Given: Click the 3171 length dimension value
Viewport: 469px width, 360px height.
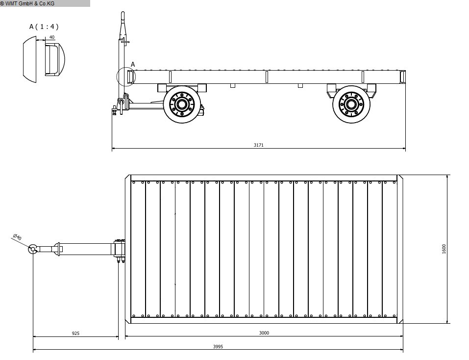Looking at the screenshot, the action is tap(258, 145).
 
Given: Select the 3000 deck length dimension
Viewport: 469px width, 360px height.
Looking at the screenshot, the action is tap(264, 333).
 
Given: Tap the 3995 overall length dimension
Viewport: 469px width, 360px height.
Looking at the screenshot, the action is tap(218, 347).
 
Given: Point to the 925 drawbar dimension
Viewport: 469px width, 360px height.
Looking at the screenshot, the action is tap(75, 333).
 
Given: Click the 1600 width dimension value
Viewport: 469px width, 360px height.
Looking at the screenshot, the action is tap(444, 249).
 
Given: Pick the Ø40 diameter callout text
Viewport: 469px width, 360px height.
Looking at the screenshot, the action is tap(17, 237).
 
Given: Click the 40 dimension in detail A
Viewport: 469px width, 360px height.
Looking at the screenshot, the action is tap(52, 37).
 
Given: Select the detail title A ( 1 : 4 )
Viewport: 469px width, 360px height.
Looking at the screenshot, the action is tap(44, 26).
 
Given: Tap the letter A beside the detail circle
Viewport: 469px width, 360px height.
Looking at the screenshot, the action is tap(133, 64).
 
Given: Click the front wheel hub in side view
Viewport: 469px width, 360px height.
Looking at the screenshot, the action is tap(181, 104).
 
